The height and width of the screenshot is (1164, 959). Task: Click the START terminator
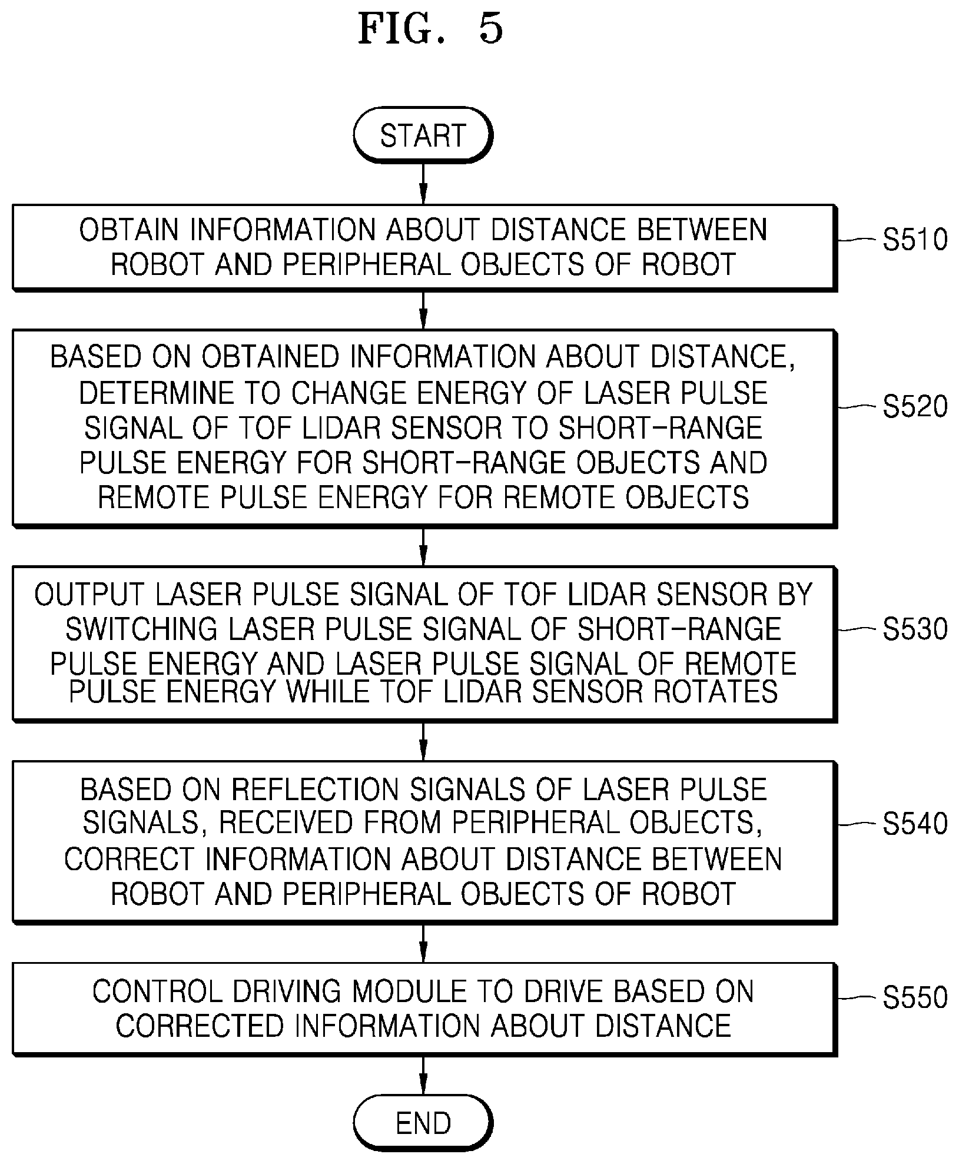(423, 135)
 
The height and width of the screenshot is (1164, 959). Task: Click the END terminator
(423, 1122)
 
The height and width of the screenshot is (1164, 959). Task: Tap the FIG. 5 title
(431, 29)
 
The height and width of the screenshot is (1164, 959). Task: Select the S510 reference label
(915, 240)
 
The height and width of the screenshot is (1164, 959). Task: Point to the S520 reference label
(915, 407)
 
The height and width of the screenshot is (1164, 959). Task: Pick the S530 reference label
(915, 629)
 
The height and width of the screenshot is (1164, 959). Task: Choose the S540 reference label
(915, 824)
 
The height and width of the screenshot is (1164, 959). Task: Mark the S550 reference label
(915, 997)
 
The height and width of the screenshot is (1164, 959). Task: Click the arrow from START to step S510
(423, 183)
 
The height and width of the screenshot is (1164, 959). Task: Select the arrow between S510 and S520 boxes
(423, 310)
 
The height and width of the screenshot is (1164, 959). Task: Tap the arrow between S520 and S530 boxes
(423, 546)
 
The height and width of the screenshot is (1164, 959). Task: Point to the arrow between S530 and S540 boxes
(423, 741)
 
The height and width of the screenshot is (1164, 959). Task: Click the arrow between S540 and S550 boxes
(423, 943)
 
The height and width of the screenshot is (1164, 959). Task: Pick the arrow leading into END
(423, 1075)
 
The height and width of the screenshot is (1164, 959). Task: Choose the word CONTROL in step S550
(160, 992)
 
